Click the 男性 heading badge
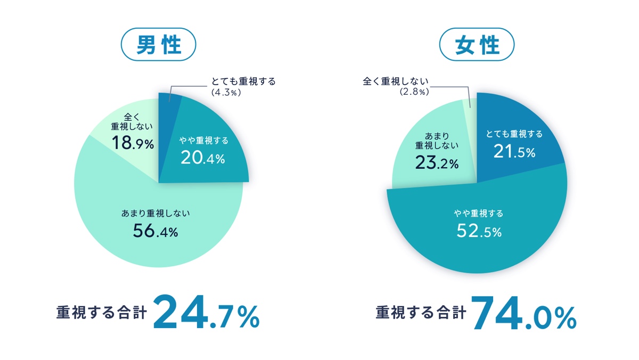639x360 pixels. point(159,45)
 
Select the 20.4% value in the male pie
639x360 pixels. point(203,158)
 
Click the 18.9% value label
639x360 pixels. point(132,142)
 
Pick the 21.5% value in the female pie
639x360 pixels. point(514,152)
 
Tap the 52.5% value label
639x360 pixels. point(478,232)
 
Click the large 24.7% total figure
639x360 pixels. point(207,313)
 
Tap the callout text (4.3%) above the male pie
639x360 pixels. point(227,92)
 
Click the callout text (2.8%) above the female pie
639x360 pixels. point(414,92)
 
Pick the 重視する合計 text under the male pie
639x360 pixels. point(101,313)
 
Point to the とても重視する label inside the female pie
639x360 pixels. point(514,134)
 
